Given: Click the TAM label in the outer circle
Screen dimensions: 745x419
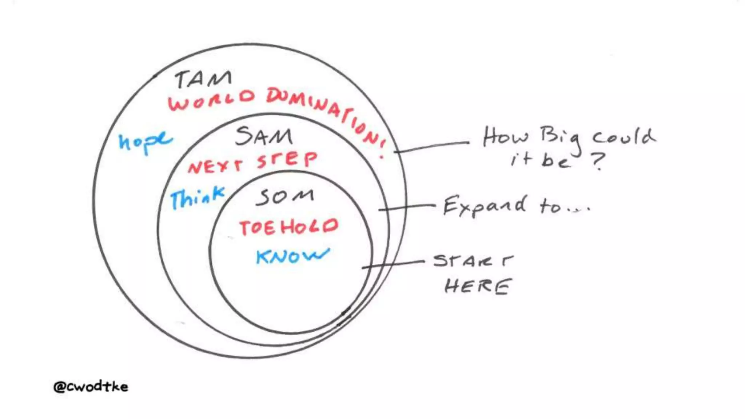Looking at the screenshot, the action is tap(203, 79).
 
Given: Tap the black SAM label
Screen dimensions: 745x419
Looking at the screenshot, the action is tap(264, 136).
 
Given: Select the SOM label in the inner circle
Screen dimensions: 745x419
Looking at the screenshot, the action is tap(285, 197).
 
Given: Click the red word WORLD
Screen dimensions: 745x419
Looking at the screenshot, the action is tap(211, 99).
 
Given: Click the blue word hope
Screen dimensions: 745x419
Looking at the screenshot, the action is tap(145, 142).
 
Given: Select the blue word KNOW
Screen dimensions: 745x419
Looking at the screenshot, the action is tap(292, 256).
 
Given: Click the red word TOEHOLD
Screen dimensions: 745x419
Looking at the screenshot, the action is tap(288, 227).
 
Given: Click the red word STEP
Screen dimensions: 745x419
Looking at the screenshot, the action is tap(287, 160).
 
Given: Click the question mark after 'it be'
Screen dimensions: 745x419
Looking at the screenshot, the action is tap(598, 161).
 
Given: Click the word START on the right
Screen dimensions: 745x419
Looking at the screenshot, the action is tap(473, 260).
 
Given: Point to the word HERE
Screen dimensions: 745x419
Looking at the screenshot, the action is tap(478, 286).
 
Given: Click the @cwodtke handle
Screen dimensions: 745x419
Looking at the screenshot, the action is tap(91, 386).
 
